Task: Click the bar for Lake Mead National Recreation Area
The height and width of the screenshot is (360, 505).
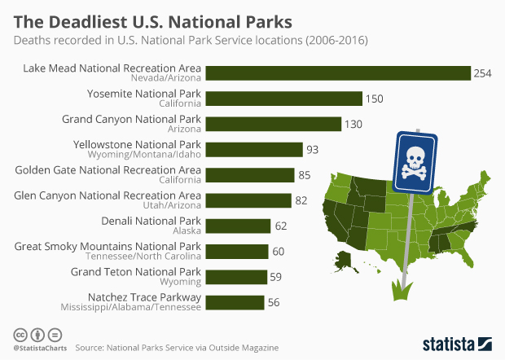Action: coord(338,73)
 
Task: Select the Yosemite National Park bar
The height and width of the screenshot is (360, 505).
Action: coord(283,99)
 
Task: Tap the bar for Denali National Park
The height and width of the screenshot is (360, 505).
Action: coord(238,226)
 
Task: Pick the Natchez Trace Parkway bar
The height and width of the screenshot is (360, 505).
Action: coord(235,302)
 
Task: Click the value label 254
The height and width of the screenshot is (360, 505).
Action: coord(483,73)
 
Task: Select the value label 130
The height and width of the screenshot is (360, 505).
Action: coord(353,124)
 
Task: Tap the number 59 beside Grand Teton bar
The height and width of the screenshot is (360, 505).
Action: coord(275,277)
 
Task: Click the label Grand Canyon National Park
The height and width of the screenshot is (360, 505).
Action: coord(131,119)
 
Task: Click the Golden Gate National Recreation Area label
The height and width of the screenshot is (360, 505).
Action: coord(108,169)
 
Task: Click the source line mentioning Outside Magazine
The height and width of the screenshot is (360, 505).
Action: coord(177,347)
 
